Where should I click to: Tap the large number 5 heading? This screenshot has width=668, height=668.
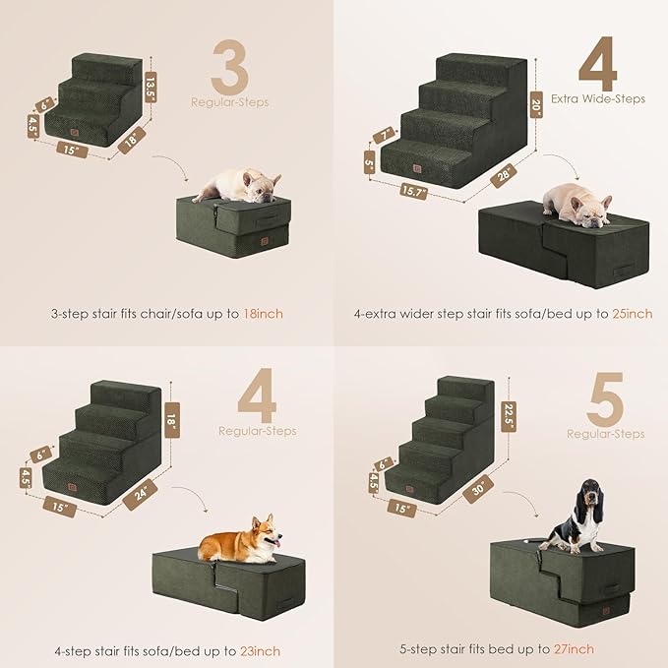[605, 397]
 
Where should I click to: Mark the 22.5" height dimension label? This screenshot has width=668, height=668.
[508, 408]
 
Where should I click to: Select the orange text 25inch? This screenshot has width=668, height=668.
[628, 315]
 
